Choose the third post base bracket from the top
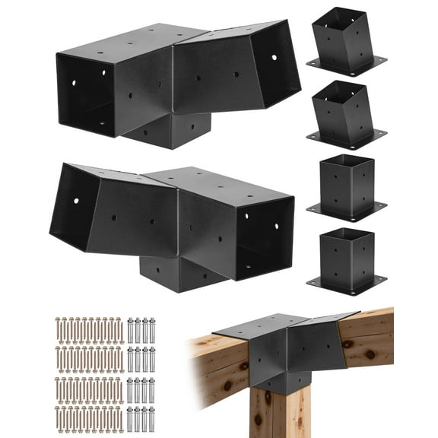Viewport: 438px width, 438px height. pos(347,185)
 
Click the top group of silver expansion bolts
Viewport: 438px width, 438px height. pos(141,328)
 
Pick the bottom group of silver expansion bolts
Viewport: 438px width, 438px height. pos(141,417)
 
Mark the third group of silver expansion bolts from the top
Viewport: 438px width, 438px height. pos(141,388)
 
